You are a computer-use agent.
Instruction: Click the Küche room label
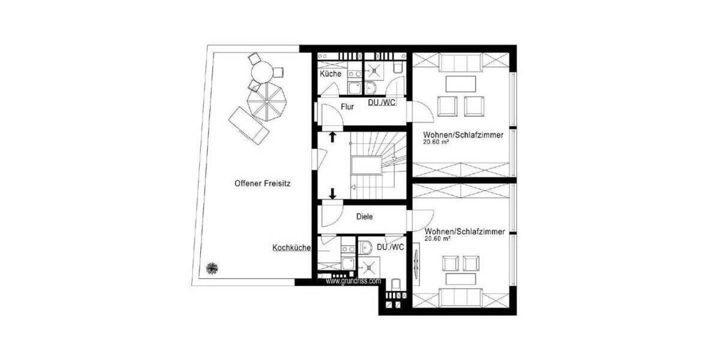coord(331,74)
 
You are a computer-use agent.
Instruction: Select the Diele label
coord(364,217)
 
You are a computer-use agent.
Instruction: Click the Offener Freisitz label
coord(262,184)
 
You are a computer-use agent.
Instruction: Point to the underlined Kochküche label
coord(291,247)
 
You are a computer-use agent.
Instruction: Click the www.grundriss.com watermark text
coord(353,280)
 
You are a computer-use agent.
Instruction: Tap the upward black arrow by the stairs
coord(332,138)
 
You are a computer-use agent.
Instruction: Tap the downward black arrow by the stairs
coord(332,193)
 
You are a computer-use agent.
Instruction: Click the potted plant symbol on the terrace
coord(211,268)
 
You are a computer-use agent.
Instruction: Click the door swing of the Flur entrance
coord(331,115)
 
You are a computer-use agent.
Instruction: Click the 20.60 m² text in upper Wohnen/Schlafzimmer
coord(437,143)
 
